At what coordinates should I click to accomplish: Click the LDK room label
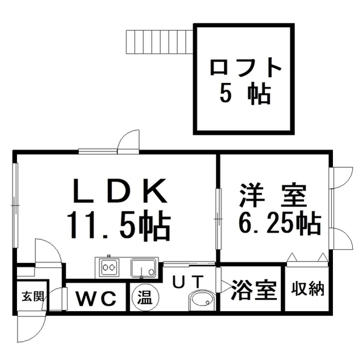coord(119,192)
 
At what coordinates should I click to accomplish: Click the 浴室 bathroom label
coord(253,290)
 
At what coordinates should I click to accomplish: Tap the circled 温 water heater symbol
coord(145,297)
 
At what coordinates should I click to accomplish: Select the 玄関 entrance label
coord(31,296)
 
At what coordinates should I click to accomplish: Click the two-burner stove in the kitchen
coord(108,266)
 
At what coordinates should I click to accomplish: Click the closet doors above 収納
coord(307,259)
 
